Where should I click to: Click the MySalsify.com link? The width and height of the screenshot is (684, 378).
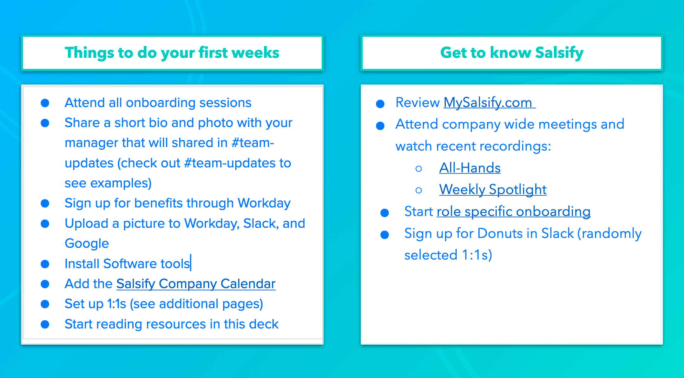point(489,103)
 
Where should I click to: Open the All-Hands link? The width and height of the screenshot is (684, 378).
point(470,168)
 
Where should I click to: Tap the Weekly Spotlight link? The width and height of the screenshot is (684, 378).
point(492,190)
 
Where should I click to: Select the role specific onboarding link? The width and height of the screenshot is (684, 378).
point(513,212)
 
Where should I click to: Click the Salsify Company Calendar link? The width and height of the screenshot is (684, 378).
point(196,284)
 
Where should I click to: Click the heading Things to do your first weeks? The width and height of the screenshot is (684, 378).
point(172,53)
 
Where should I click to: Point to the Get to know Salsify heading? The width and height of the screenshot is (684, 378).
point(511,53)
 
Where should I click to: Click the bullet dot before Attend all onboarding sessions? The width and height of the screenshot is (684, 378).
point(45,103)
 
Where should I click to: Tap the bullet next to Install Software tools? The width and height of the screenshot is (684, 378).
point(45,264)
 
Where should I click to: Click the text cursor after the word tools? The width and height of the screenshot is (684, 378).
point(191,263)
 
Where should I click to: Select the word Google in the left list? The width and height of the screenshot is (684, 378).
point(87,244)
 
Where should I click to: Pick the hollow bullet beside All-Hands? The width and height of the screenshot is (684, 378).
point(419,169)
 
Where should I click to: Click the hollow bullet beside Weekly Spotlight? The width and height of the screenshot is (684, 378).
point(419,190)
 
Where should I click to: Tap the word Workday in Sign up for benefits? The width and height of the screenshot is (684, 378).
point(264,203)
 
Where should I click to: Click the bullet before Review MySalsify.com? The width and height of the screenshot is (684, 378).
point(380,104)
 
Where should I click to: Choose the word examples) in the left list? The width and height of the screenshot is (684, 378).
point(121,183)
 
